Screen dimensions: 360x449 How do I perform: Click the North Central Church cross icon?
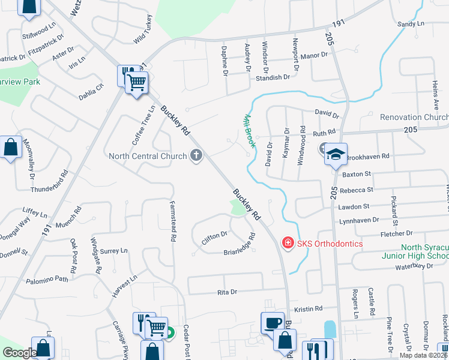pyautogui.click(x=195, y=157)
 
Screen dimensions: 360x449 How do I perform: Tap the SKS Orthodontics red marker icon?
pyautogui.click(x=288, y=244)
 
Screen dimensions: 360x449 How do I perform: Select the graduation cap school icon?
pyautogui.click(x=336, y=154)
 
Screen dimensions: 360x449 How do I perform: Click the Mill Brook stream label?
pyautogui.click(x=249, y=131)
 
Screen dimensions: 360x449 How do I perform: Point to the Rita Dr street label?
pyautogui.click(x=226, y=292)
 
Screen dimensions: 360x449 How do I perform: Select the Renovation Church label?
pyautogui.click(x=414, y=117)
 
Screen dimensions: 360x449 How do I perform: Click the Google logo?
pyautogui.click(x=20, y=353)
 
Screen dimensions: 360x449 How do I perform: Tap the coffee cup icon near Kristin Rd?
pyautogui.click(x=272, y=323)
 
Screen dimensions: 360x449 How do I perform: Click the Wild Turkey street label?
pyautogui.click(x=140, y=29)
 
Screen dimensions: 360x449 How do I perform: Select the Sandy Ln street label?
pyautogui.click(x=411, y=24)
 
